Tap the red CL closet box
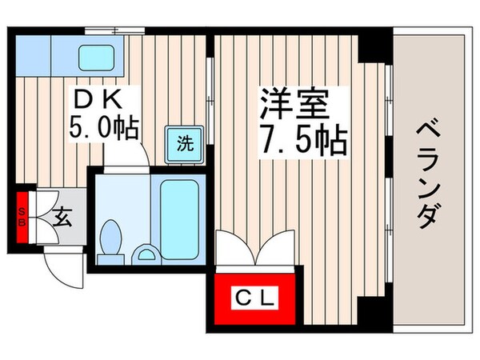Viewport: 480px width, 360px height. coord(254,300)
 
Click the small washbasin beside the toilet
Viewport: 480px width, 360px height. coord(146,255)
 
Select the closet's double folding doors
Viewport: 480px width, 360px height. coord(254,246)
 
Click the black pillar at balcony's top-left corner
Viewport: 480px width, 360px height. coord(374,46)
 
